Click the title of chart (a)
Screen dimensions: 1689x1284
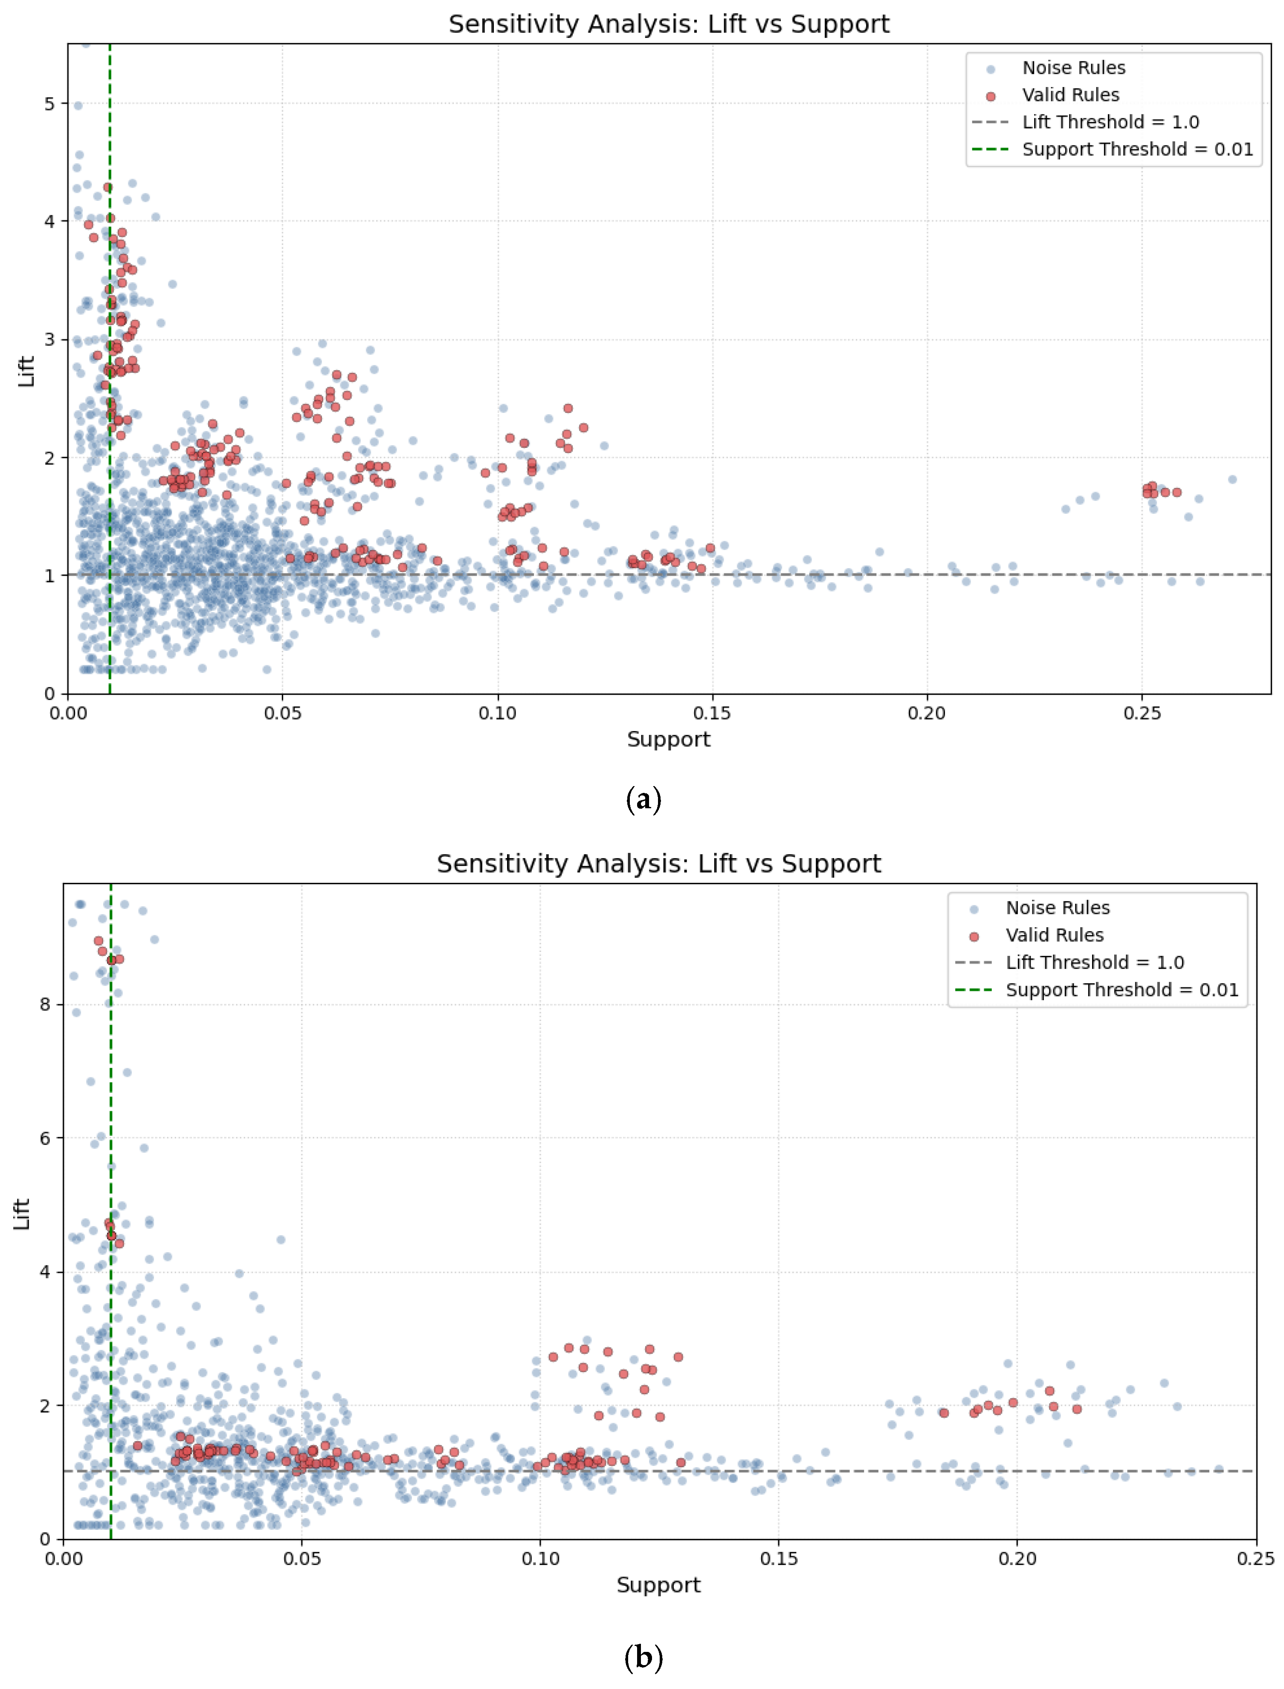pos(669,24)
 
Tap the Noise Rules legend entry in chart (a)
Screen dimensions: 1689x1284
pos(1073,68)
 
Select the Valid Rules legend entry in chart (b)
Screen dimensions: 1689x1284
pos(1054,935)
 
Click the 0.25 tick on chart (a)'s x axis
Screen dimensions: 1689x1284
pos(1142,714)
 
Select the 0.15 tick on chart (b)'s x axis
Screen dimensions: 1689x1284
pos(779,1559)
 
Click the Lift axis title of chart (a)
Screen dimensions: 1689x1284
pos(27,371)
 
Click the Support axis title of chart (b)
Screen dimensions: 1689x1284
pos(658,1585)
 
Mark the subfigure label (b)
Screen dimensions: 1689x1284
pos(643,1658)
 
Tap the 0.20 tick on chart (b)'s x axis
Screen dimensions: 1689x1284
pos(1017,1559)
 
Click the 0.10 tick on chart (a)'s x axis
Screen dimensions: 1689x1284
pos(498,714)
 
